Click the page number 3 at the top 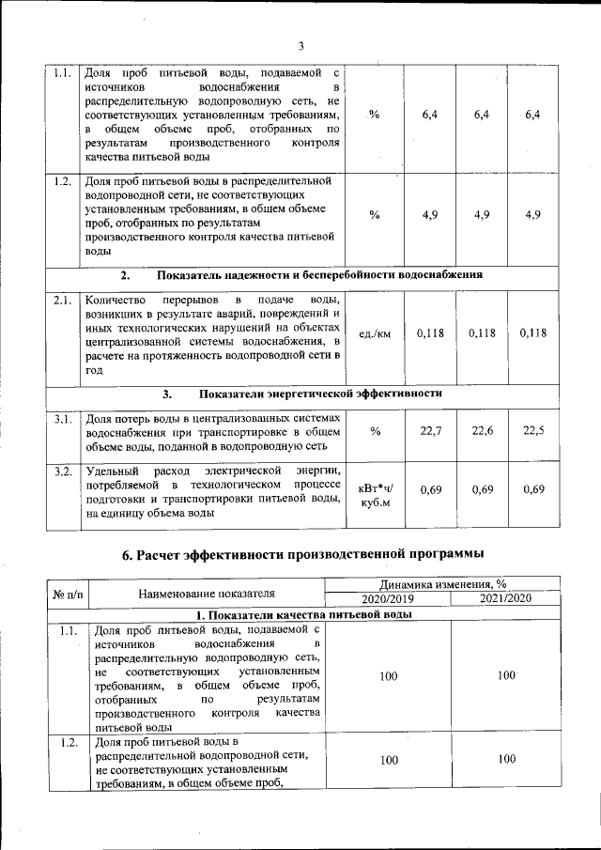click(x=301, y=46)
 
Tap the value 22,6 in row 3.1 click(x=482, y=430)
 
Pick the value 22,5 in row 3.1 click(x=533, y=430)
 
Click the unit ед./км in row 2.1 click(x=376, y=334)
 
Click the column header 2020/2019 click(x=388, y=598)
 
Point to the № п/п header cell click(x=67, y=593)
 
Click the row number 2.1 click(x=63, y=301)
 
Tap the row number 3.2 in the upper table click(x=63, y=471)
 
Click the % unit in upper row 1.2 click(x=375, y=215)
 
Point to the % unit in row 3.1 click(x=375, y=430)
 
